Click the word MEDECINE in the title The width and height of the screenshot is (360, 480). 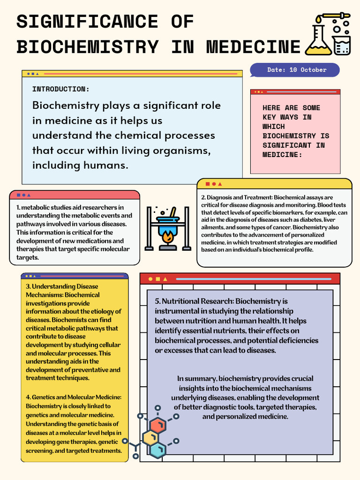click(x=253, y=47)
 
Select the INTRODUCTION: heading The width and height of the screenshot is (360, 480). click(x=60, y=89)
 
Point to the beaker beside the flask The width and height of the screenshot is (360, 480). click(x=342, y=45)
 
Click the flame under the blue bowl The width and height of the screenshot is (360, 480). click(x=168, y=237)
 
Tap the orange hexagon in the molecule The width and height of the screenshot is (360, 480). click(x=158, y=426)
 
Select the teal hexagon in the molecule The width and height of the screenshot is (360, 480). click(x=158, y=450)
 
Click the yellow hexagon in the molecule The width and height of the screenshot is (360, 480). click(x=151, y=438)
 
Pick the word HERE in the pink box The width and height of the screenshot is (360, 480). click(x=271, y=108)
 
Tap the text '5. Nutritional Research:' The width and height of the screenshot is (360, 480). click(x=194, y=301)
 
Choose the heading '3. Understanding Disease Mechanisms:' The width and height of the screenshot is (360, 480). click(x=62, y=291)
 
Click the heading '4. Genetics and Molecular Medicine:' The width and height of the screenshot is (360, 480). click(x=74, y=397)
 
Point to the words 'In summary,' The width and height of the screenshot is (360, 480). click(x=196, y=379)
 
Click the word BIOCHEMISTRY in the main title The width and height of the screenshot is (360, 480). click(x=88, y=47)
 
